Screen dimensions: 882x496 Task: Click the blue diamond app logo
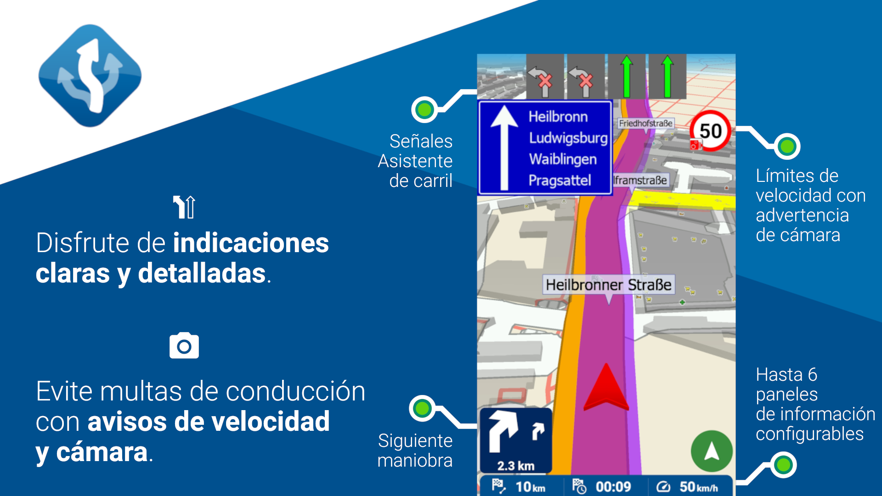coord(90,76)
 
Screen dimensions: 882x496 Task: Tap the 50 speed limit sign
coord(710,131)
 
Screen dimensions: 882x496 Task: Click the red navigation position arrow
coord(606,387)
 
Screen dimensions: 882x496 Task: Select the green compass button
coord(712,451)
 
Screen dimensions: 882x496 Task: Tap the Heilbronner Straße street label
coord(609,285)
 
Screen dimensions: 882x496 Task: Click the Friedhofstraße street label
coord(645,123)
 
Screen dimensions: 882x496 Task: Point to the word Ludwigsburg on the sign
coord(568,138)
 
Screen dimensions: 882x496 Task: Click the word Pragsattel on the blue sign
coord(560,180)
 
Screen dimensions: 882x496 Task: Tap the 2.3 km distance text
coord(515,466)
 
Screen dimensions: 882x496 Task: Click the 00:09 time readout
coord(613,487)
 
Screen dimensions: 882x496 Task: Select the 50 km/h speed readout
coord(698,487)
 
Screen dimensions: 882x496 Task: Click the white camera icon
coord(184,345)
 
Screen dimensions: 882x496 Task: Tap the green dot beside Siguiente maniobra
coord(422,408)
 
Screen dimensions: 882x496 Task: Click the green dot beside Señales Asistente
coord(424,110)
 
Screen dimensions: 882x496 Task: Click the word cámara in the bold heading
coord(102,452)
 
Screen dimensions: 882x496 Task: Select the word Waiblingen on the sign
coord(563,159)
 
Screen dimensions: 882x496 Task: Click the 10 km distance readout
coord(530,487)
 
